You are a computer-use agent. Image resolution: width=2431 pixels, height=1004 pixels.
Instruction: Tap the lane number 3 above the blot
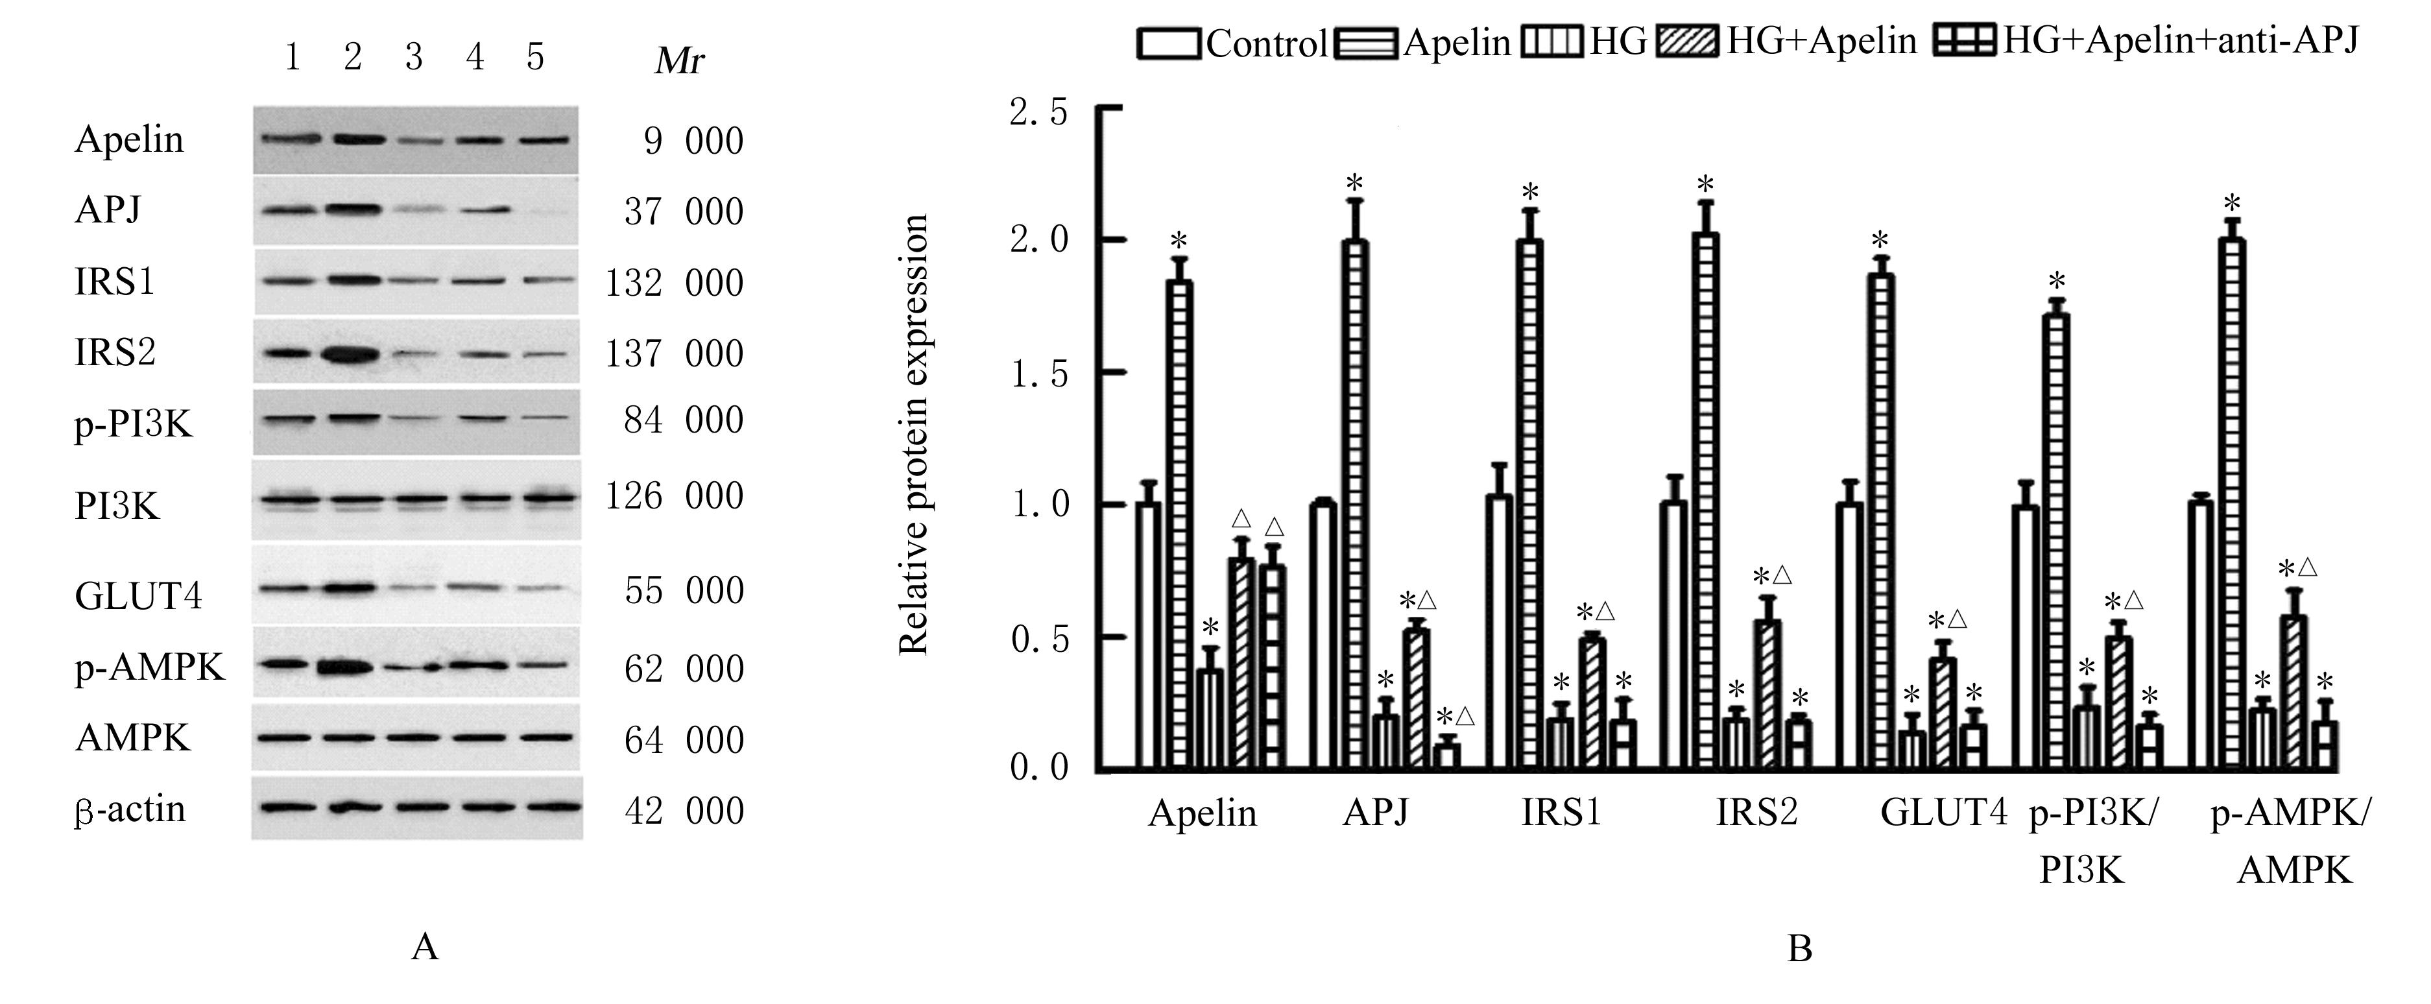413,58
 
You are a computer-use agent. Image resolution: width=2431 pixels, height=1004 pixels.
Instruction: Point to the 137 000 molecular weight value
674,354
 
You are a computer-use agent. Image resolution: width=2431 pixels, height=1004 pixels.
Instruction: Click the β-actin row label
130,809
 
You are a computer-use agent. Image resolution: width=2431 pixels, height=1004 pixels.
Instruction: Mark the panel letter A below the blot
425,946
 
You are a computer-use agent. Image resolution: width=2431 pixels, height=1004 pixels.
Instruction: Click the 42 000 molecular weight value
683,811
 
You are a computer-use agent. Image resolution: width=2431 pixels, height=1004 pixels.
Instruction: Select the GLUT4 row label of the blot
138,596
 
